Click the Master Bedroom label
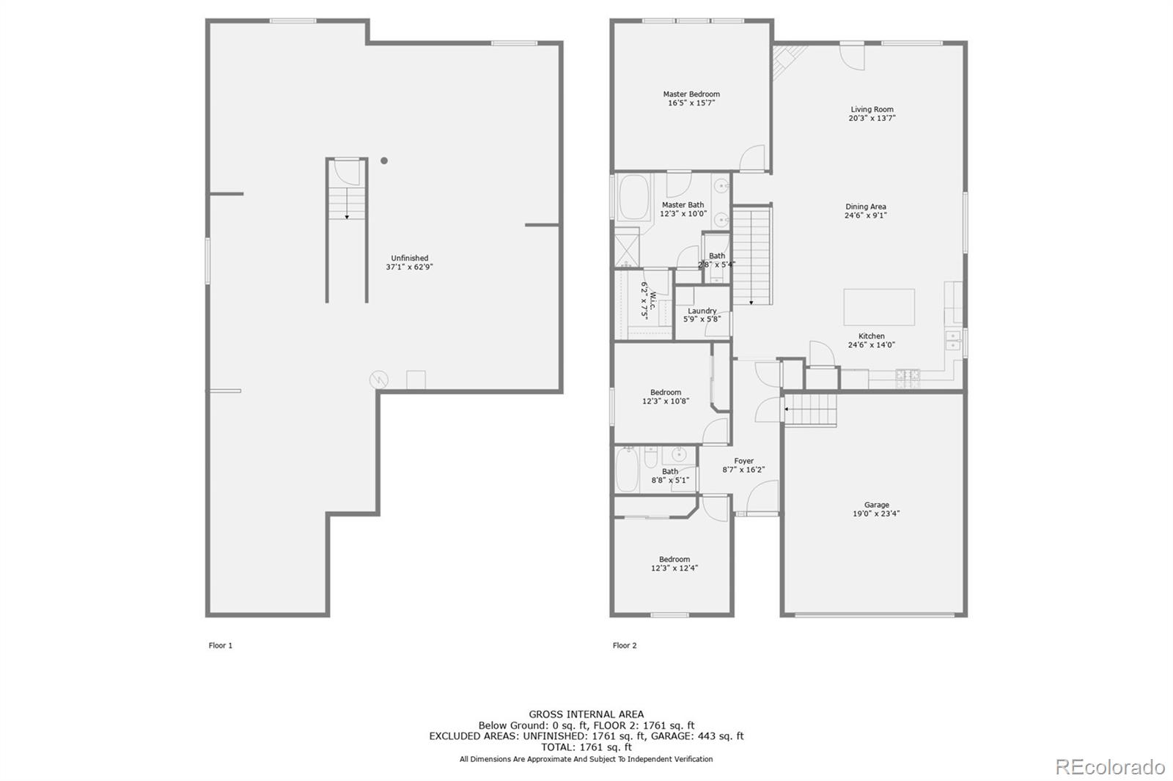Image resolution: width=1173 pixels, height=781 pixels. pyautogui.click(x=691, y=94)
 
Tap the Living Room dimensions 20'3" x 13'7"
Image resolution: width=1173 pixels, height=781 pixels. pyautogui.click(x=872, y=118)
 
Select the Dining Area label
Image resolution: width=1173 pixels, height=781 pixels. pyautogui.click(x=865, y=207)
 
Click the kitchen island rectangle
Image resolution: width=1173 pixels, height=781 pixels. pyautogui.click(x=878, y=306)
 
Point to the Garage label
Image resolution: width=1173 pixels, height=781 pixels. pyautogui.click(x=876, y=505)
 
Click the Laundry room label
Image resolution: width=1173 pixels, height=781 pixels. pyautogui.click(x=702, y=311)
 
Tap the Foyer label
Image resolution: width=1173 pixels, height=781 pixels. pyautogui.click(x=743, y=461)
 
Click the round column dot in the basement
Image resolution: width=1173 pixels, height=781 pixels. pyautogui.click(x=383, y=160)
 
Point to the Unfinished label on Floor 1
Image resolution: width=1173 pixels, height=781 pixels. pyautogui.click(x=409, y=258)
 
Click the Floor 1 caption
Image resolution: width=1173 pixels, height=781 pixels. pyautogui.click(x=220, y=645)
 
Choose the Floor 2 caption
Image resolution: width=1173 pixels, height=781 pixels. pyautogui.click(x=625, y=645)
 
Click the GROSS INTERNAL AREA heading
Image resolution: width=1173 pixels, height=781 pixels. pyautogui.click(x=586, y=714)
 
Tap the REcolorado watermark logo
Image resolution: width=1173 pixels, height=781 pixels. pyautogui.click(x=1109, y=766)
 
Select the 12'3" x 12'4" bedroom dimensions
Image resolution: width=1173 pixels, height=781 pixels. pyautogui.click(x=674, y=569)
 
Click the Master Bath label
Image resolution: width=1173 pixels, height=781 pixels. pyautogui.click(x=683, y=205)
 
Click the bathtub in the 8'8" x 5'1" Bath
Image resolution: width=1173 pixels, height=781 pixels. pyautogui.click(x=628, y=470)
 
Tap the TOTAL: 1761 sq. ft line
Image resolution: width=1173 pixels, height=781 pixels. pyautogui.click(x=586, y=747)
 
